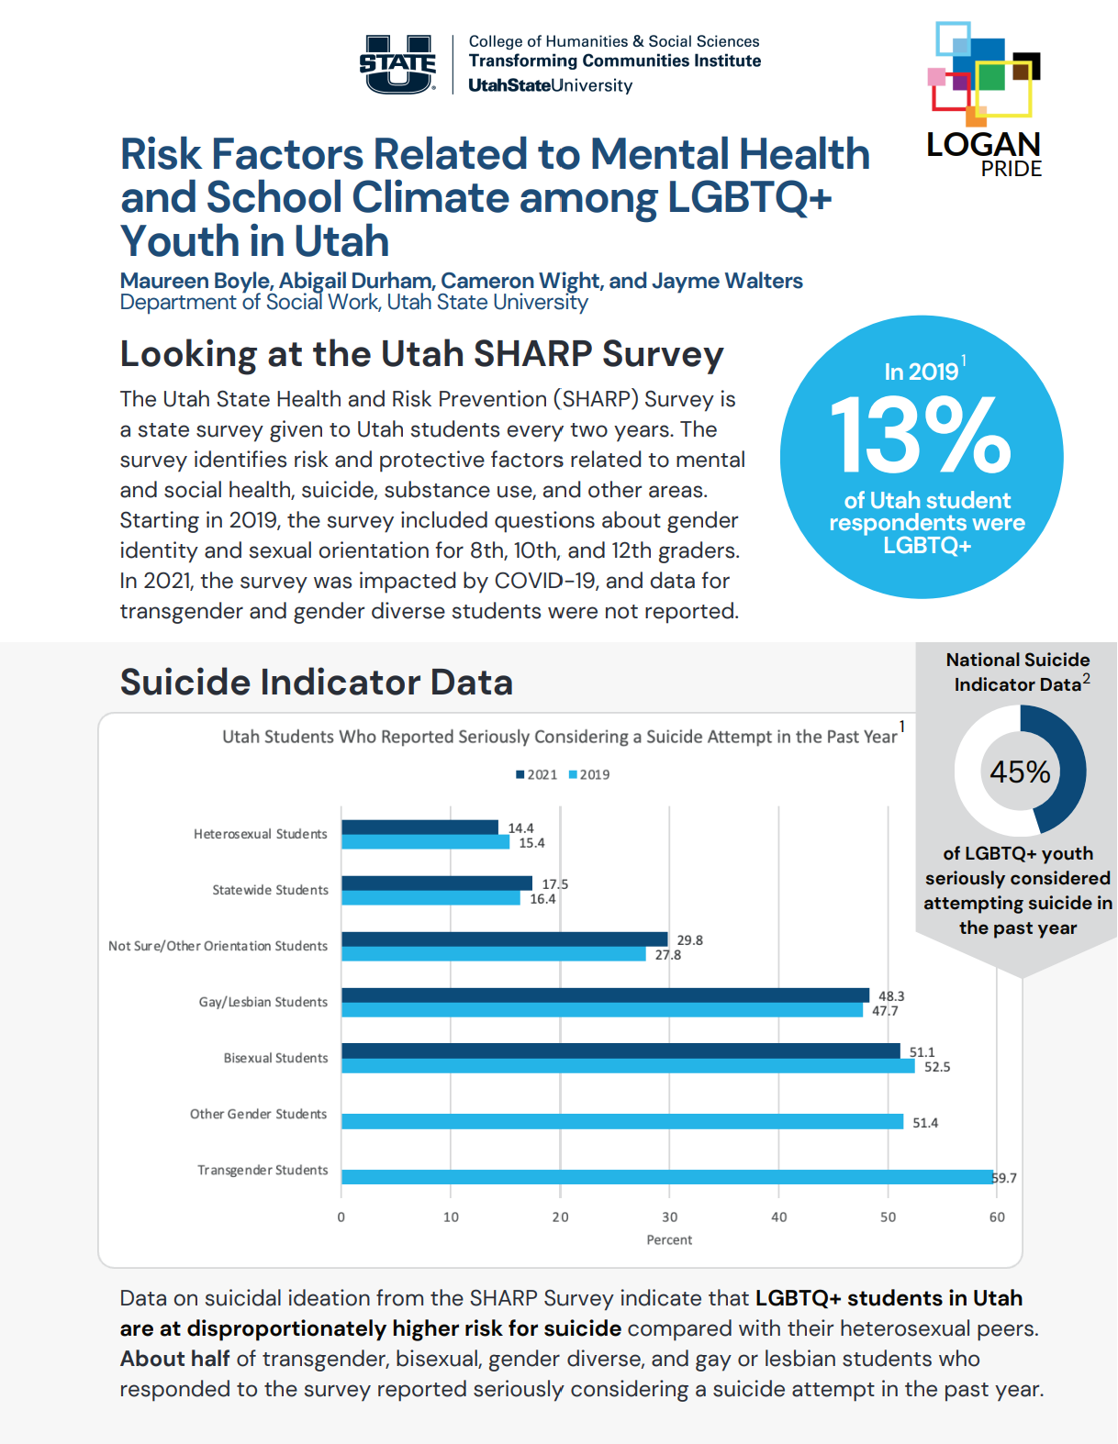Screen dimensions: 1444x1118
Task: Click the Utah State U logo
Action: tap(397, 64)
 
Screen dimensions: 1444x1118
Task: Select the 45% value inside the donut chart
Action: tap(1020, 772)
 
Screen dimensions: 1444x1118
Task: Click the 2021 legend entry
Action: tap(536, 774)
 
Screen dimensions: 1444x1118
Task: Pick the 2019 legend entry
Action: tap(589, 774)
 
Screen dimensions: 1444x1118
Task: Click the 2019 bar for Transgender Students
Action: tap(666, 1177)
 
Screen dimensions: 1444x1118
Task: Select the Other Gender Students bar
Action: tap(622, 1121)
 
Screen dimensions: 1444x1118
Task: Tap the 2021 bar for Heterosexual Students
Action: tap(419, 828)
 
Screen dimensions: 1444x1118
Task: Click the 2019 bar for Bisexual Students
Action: tap(628, 1066)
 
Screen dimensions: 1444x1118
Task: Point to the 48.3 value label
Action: tap(891, 996)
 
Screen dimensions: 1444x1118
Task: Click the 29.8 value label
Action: tap(689, 940)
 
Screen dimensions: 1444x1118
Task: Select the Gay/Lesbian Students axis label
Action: tap(263, 1002)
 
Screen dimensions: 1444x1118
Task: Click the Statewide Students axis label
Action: tap(270, 890)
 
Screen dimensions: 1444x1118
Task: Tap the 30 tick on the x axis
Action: tap(670, 1217)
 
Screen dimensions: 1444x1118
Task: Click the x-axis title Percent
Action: tap(669, 1239)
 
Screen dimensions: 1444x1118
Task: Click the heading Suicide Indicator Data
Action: tap(316, 683)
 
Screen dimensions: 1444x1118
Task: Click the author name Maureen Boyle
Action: tap(196, 281)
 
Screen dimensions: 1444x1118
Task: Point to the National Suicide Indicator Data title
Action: tap(1018, 672)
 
